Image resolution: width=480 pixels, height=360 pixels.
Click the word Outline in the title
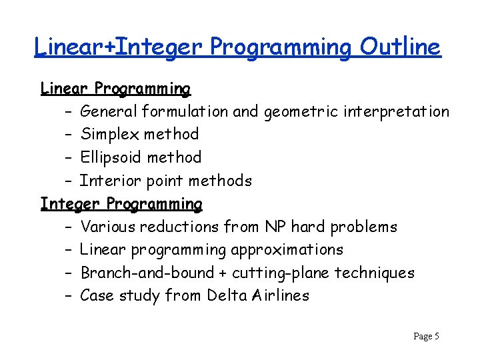tap(400, 47)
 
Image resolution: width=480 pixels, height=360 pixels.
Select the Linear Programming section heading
tap(115, 88)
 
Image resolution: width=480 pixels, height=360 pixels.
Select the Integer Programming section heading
tap(121, 203)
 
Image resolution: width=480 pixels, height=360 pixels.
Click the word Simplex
tap(109, 134)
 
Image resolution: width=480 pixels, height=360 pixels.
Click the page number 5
tap(436, 337)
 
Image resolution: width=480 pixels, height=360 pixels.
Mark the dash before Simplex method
tap(69, 134)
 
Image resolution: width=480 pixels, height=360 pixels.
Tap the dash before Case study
tap(69, 295)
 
